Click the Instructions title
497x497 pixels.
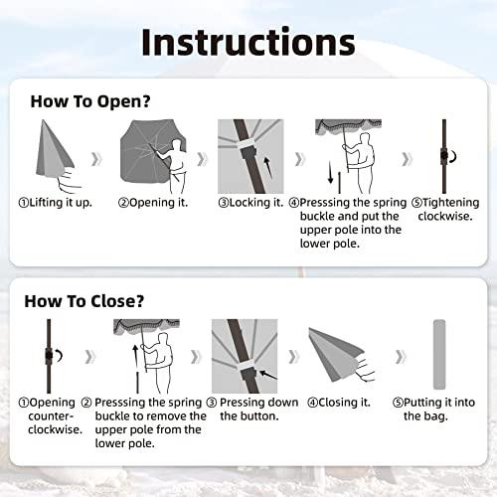[x=248, y=43]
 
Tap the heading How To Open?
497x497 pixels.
[x=90, y=101]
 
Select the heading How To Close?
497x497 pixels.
[x=84, y=301]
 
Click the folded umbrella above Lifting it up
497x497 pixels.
[x=54, y=148]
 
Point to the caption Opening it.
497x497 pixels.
[x=153, y=203]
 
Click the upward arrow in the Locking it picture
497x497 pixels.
[x=267, y=168]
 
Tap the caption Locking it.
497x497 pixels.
[x=250, y=203]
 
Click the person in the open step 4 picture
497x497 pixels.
[x=362, y=162]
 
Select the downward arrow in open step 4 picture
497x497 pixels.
[x=330, y=172]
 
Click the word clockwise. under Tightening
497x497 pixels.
[x=445, y=217]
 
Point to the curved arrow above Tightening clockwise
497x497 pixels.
[x=453, y=156]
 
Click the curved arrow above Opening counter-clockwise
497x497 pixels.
[x=59, y=356]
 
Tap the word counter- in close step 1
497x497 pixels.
[x=51, y=416]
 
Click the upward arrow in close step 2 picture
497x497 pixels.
[x=135, y=358]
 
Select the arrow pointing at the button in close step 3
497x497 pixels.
[x=268, y=375]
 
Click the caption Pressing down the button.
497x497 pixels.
[x=252, y=410]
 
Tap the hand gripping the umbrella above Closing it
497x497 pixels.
[x=365, y=369]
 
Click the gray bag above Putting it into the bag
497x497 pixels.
[x=439, y=355]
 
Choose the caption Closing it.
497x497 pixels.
[x=339, y=403]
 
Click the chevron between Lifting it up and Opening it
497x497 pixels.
[x=96, y=159]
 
